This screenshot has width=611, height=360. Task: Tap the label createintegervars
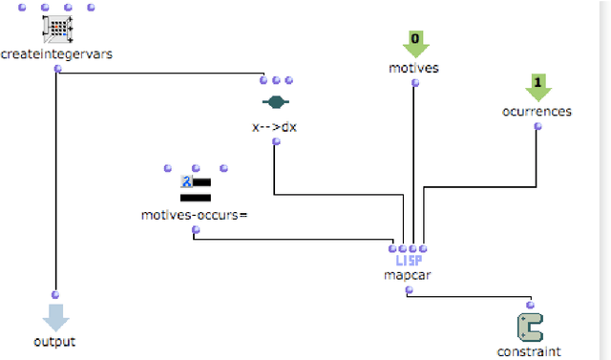[56, 54]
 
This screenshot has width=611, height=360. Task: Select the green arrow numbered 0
[414, 44]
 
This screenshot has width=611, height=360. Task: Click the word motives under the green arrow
[414, 68]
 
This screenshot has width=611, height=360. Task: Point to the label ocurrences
[537, 111]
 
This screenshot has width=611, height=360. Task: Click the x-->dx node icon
[275, 102]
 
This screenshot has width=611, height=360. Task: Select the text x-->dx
[275, 126]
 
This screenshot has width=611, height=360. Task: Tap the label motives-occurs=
[195, 214]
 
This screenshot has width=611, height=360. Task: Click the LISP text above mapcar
[409, 260]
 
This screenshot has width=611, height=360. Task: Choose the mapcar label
[409, 275]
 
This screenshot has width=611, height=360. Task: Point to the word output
[55, 341]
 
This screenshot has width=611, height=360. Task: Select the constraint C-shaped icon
[530, 327]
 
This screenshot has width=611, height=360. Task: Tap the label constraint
[530, 350]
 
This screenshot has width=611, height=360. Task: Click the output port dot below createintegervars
[57, 69]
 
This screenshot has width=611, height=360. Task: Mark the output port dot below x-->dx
[275, 141]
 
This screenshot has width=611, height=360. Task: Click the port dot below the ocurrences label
[537, 125]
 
